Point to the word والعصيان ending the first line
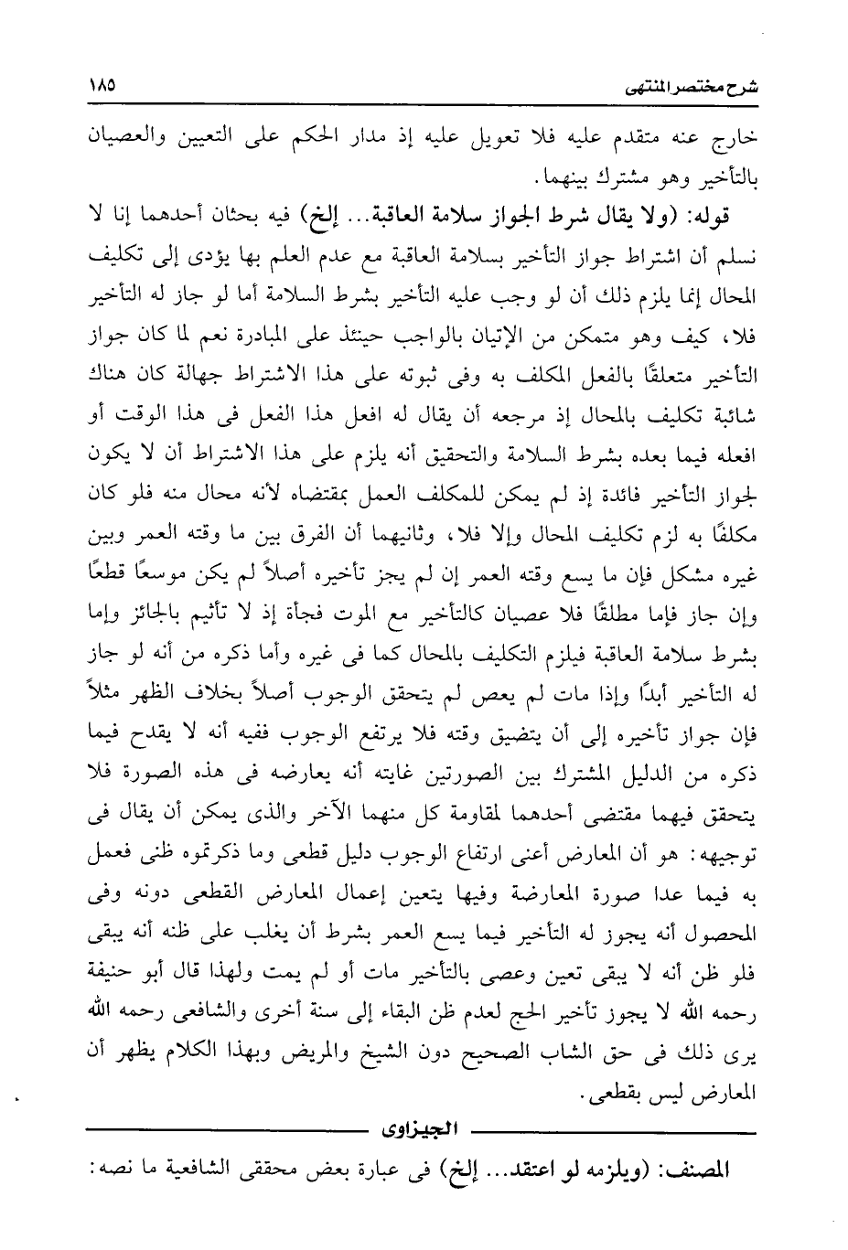(x=127, y=144)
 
